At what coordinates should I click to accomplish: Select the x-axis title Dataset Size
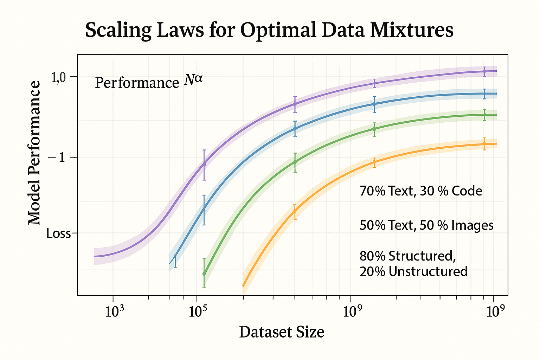[282, 332]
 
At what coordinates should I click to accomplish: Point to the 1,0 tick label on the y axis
[59, 77]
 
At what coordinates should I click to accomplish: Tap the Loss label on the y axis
[59, 233]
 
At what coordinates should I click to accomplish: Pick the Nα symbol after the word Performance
[193, 81]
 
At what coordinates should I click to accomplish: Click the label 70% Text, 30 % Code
[421, 191]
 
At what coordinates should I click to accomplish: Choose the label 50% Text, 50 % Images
[426, 225]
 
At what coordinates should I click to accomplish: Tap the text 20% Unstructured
[413, 271]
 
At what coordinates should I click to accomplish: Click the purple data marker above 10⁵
[204, 164]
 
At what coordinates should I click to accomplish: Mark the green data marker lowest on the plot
[204, 274]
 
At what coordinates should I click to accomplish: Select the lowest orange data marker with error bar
[295, 211]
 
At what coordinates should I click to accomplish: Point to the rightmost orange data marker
[484, 144]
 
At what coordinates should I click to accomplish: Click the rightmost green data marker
[484, 115]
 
